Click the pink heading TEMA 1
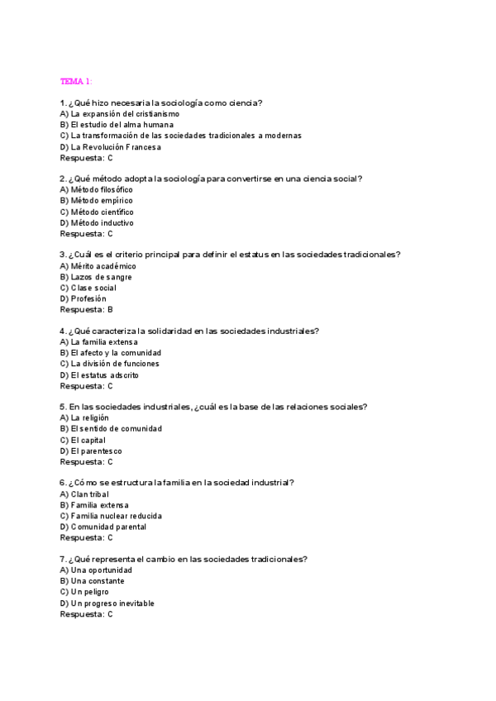click(x=76, y=81)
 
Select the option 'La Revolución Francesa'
click(x=111, y=147)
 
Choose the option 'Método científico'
click(x=97, y=212)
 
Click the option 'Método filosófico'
click(x=96, y=189)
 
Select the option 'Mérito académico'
click(x=98, y=266)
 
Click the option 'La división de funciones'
click(x=109, y=364)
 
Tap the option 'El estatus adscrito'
click(x=99, y=374)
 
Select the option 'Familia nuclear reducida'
click(x=111, y=516)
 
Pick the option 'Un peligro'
click(x=84, y=592)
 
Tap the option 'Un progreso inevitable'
click(x=107, y=603)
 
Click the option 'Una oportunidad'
click(x=96, y=570)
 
